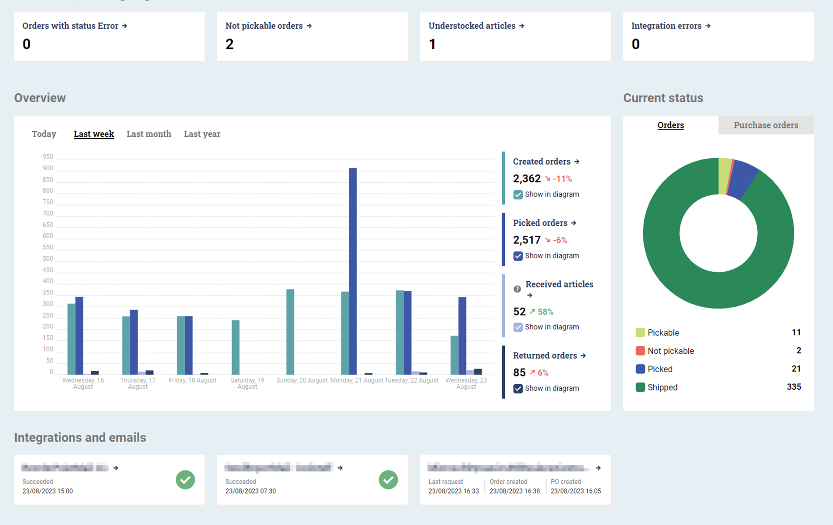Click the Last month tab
(x=149, y=134)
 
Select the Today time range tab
(x=44, y=134)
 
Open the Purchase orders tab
(x=766, y=125)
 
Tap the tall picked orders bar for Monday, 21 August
(x=353, y=271)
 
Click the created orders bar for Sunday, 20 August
(x=290, y=332)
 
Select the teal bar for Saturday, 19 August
(x=236, y=347)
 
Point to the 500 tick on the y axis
(x=48, y=259)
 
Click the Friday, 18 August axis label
(x=192, y=380)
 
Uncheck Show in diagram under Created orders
(x=518, y=195)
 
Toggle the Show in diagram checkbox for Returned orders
(x=518, y=389)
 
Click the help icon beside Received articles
(x=517, y=289)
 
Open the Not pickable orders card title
(x=264, y=26)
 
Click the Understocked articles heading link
(x=472, y=26)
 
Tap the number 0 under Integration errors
(x=635, y=44)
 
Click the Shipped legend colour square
(x=640, y=387)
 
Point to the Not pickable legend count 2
(x=798, y=351)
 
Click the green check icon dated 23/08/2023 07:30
(x=388, y=480)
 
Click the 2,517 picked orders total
(x=527, y=240)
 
